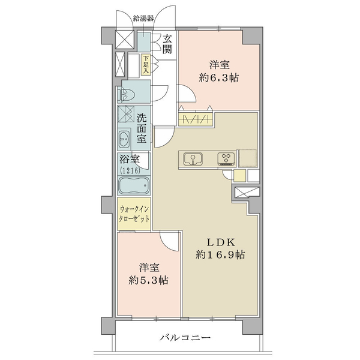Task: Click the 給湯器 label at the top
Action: coord(143,19)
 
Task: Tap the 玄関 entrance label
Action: coord(167,44)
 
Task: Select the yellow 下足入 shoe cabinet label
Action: coord(146,65)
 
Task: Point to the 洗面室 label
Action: coord(142,128)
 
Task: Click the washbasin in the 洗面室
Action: coord(124,139)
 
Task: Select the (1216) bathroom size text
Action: coord(130,170)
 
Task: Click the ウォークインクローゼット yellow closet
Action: coord(134,214)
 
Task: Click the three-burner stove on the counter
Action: coord(226,159)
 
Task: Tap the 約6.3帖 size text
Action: coord(219,78)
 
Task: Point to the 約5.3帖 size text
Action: coord(148,280)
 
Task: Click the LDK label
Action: coord(220,242)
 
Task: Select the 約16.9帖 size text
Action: coord(220,254)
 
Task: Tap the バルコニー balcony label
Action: coord(185,337)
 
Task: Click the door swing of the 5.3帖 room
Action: coord(169,242)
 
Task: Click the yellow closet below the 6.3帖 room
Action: coord(196,119)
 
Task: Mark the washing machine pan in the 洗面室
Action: coord(126,114)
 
